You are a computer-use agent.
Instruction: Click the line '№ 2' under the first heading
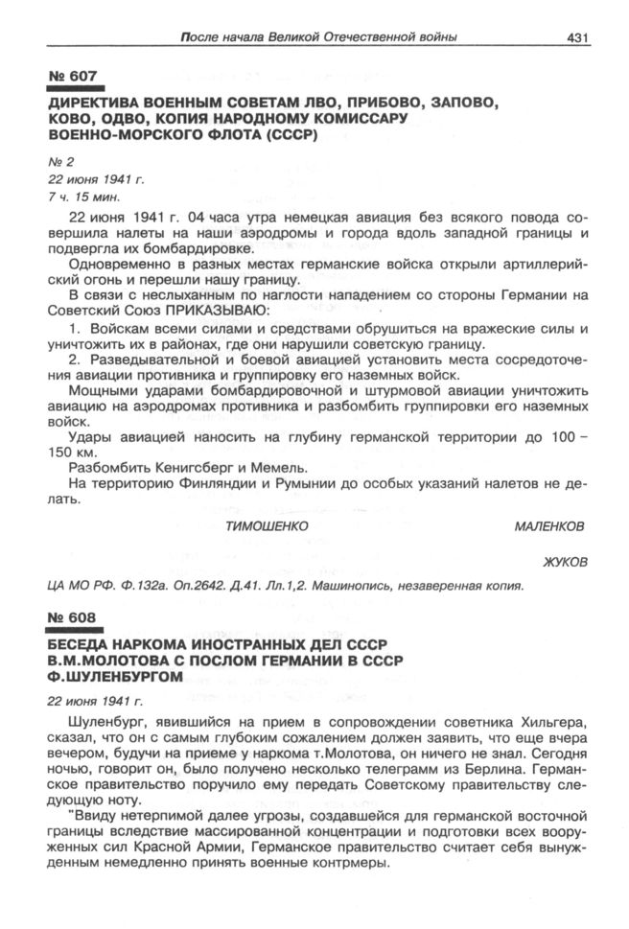point(58,161)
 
